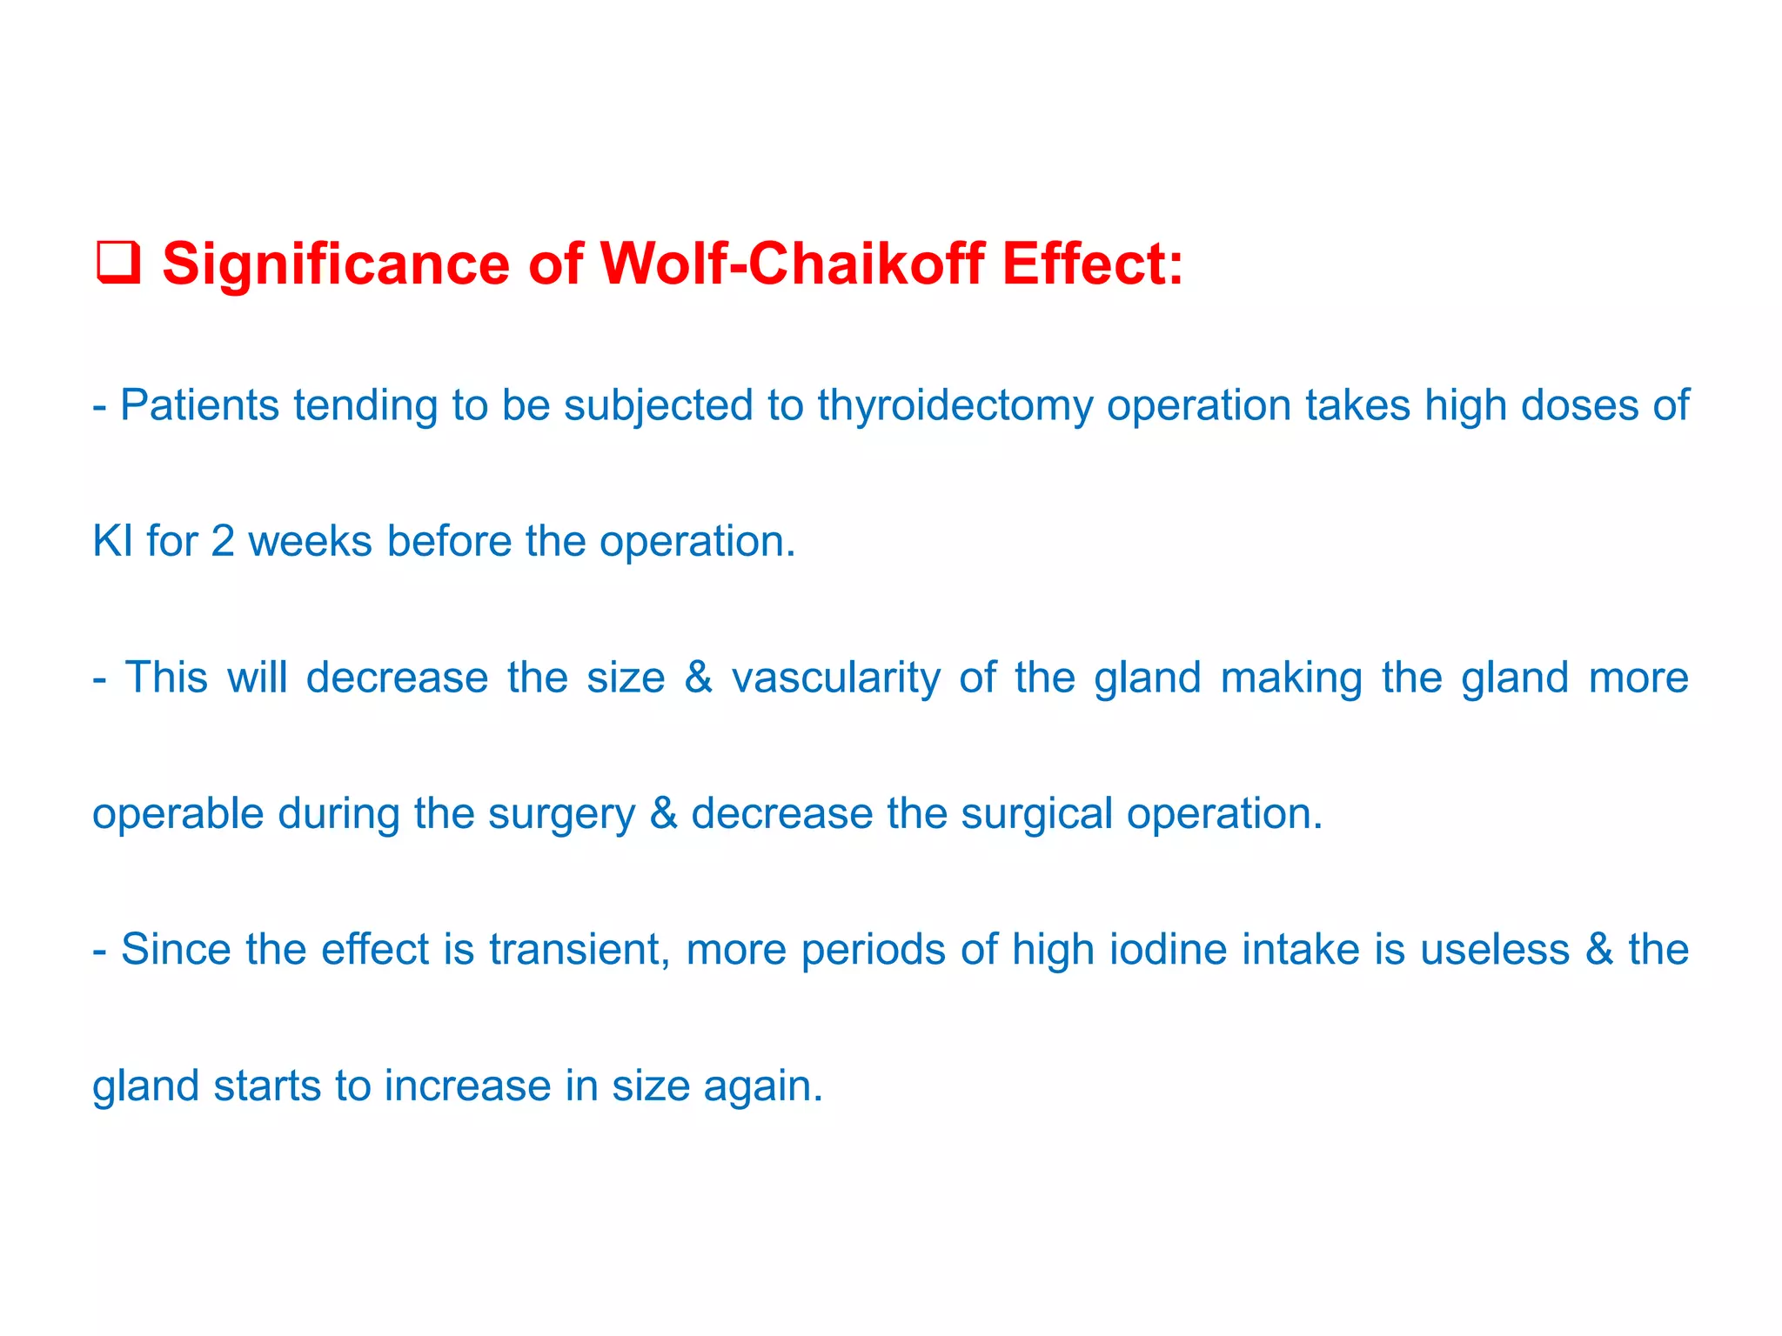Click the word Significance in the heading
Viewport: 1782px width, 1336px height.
336,264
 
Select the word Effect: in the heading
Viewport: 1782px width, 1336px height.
1093,264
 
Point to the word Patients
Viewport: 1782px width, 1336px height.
199,405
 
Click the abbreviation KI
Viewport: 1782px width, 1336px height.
111,541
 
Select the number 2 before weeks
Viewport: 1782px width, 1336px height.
223,541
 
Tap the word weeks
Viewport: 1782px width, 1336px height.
310,541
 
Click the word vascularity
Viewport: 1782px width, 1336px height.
835,678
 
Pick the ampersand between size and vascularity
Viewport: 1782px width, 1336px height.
698,678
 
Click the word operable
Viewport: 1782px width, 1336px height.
178,814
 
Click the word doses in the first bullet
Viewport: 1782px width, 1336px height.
1576,405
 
